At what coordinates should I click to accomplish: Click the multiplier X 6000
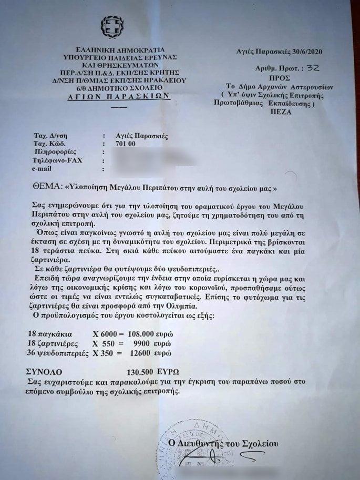pyautogui.click(x=108, y=334)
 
